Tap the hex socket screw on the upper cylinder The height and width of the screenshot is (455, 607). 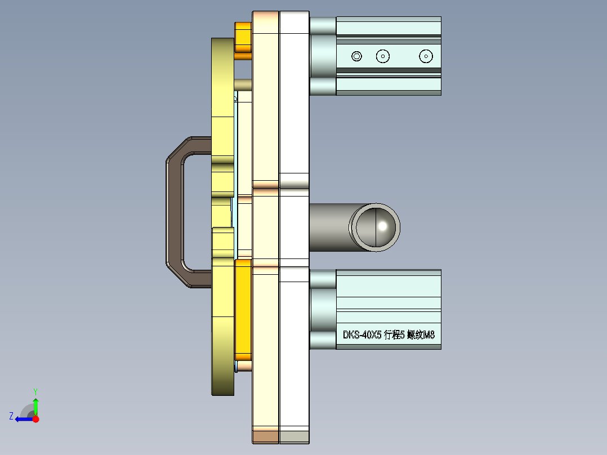(x=356, y=56)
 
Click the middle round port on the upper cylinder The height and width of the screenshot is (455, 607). (x=383, y=56)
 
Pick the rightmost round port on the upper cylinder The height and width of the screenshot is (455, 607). (x=426, y=56)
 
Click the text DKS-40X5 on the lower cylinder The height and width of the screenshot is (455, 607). (x=361, y=335)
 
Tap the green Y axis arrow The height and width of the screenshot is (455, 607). (x=35, y=405)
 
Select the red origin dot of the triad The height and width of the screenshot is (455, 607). (x=35, y=419)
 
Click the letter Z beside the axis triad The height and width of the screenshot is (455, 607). (x=11, y=416)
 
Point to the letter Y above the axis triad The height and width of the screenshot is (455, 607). (x=35, y=391)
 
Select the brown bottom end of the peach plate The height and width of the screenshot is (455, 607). (x=265, y=436)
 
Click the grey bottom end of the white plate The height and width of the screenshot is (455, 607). (x=294, y=436)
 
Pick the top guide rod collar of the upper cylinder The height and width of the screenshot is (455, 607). (x=322, y=25)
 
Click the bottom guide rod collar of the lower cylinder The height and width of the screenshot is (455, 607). (x=322, y=340)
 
